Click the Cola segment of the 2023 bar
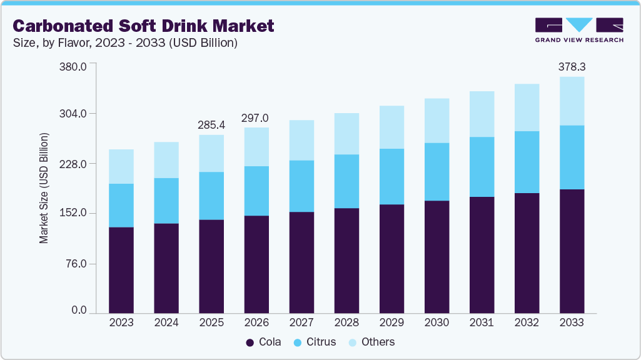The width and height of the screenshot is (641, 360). [x=121, y=269]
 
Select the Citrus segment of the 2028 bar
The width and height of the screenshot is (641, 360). [x=346, y=181]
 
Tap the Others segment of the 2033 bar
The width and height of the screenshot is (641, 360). [x=572, y=101]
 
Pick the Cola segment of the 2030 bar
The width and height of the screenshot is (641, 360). [x=437, y=256]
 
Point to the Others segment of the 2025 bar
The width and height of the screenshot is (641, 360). [x=211, y=153]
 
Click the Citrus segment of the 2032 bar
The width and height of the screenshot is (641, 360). [x=527, y=162]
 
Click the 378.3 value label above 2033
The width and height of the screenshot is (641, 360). [x=572, y=66]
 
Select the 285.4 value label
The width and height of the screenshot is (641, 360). [x=211, y=124]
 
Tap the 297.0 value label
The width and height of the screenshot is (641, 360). [x=256, y=117]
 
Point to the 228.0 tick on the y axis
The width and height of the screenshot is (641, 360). [x=73, y=164]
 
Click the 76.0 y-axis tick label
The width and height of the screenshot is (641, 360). [x=76, y=263]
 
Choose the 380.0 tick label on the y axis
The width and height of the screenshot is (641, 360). [x=73, y=66]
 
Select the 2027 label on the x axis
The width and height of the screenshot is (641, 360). [x=301, y=322]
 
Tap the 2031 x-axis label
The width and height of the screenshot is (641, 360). [x=482, y=322]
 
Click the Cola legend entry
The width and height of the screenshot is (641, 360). [x=263, y=342]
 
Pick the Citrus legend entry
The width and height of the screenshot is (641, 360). [x=315, y=342]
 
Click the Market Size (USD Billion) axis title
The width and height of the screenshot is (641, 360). [x=44, y=187]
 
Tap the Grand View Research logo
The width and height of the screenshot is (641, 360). [x=578, y=30]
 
